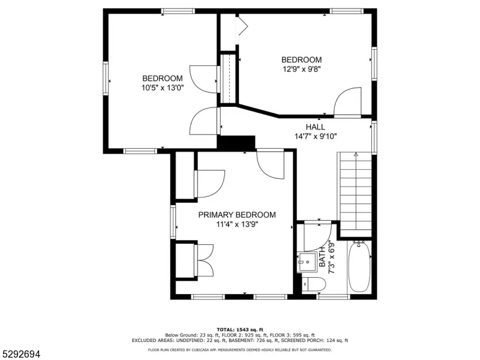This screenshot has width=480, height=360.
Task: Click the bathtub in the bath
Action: pyautogui.click(x=359, y=266)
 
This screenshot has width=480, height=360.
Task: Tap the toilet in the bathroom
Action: pyautogui.click(x=313, y=284)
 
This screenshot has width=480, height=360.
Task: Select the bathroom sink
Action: pyautogui.click(x=307, y=262)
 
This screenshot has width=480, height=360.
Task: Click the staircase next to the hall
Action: pyautogui.click(x=355, y=194)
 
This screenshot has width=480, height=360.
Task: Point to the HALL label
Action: pyautogui.click(x=316, y=127)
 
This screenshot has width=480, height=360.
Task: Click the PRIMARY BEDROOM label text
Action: pyautogui.click(x=237, y=215)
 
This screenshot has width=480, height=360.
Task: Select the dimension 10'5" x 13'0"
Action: pyautogui.click(x=163, y=88)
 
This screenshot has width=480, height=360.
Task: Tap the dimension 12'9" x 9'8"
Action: pyautogui.click(x=302, y=69)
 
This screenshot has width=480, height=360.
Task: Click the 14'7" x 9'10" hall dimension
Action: pyautogui.click(x=316, y=136)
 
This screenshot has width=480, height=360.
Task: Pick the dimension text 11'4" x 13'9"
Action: pyautogui.click(x=237, y=224)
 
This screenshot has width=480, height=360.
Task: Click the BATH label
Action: pyautogui.click(x=322, y=257)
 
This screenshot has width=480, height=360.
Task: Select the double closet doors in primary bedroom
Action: pyautogui.click(x=205, y=260)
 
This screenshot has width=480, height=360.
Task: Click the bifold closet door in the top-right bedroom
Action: pyautogui.click(x=242, y=25)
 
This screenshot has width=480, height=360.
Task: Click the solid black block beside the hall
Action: pyautogui.click(x=236, y=143)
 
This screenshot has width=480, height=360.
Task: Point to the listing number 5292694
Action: pyautogui.click(x=20, y=354)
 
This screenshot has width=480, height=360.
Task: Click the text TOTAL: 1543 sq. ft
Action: pyautogui.click(x=240, y=329)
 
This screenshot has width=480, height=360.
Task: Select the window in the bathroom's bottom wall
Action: pyautogui.click(x=334, y=296)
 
